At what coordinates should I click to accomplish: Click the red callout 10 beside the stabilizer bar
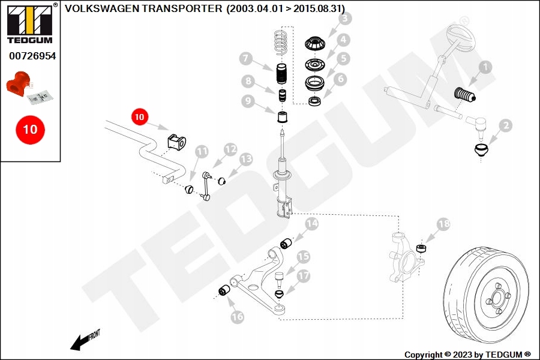(x=139, y=117)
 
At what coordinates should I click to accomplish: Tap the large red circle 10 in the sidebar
(x=30, y=130)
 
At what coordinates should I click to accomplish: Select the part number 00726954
(x=32, y=56)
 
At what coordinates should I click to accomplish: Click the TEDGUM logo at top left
(x=30, y=23)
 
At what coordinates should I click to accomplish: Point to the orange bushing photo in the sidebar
(x=17, y=84)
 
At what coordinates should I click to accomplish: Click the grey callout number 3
(x=345, y=18)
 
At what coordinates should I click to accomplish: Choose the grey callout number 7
(x=245, y=59)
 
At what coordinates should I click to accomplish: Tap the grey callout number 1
(x=485, y=67)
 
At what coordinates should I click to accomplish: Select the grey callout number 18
(x=443, y=224)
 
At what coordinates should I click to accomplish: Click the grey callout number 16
(x=237, y=317)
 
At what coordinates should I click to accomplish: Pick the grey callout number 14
(x=311, y=224)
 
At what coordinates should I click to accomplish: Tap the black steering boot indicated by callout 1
(x=465, y=94)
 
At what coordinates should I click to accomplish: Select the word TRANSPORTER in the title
(x=182, y=8)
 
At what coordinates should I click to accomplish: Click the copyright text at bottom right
(x=467, y=355)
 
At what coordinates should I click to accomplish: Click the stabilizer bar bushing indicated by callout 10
(x=176, y=142)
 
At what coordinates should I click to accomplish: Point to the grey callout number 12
(x=230, y=149)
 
